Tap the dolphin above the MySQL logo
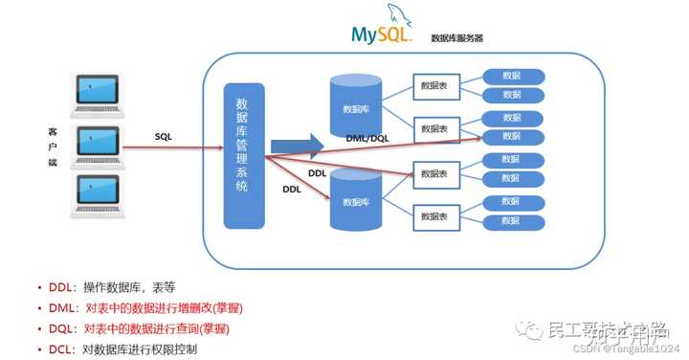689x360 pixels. click(x=394, y=14)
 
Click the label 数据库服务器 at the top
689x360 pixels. click(x=457, y=39)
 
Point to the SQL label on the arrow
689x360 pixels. click(x=164, y=137)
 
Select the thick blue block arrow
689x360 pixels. click(x=296, y=145)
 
